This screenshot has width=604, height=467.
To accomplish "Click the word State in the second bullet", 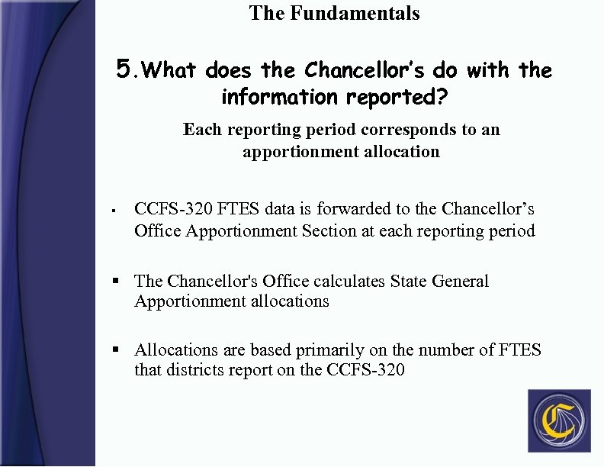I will tap(408, 281).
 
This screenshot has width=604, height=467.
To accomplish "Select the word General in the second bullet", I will tap(460, 281).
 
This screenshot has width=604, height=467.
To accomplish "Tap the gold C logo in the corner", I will tap(559, 420).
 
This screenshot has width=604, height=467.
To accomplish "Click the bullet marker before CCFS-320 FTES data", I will tap(113, 209).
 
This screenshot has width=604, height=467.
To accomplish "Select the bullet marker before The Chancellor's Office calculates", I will tap(116, 281).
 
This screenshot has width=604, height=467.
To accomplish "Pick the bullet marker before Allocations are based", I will tap(116, 350).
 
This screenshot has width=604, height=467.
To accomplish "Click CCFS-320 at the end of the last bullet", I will tap(365, 371).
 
